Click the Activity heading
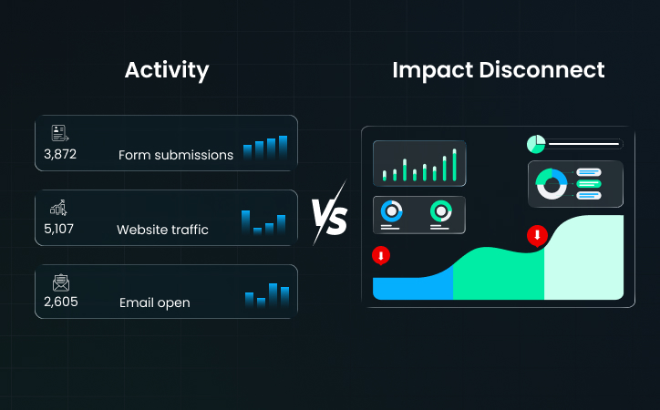(x=166, y=70)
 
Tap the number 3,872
(x=60, y=154)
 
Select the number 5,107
(x=59, y=229)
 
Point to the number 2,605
(x=60, y=302)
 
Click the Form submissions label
(x=176, y=155)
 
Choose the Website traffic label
(x=162, y=230)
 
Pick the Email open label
(x=155, y=302)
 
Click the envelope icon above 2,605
(x=61, y=282)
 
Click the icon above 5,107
(x=59, y=208)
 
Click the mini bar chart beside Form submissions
(x=265, y=149)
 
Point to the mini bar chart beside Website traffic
(x=263, y=222)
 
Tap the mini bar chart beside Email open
(x=267, y=295)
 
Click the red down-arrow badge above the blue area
(x=381, y=256)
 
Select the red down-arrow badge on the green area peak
(x=537, y=236)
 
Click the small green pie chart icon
(x=535, y=144)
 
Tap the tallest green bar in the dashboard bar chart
(x=454, y=165)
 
